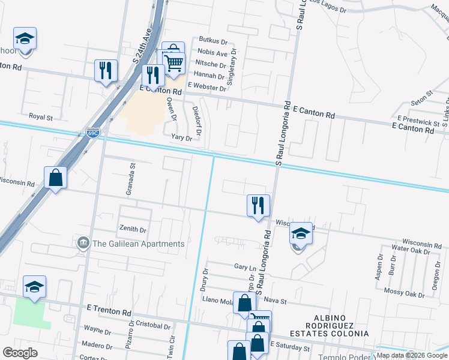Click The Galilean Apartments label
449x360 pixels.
[x=138, y=244]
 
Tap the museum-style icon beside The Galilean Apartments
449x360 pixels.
[x=83, y=243]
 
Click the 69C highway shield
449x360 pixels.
[x=92, y=134]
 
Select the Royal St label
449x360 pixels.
[x=41, y=116]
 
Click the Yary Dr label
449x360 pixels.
[x=181, y=137]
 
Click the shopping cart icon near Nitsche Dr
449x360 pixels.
[x=174, y=62]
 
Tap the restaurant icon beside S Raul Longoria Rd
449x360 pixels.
[x=258, y=205]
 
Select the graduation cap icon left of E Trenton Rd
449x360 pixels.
[x=34, y=287]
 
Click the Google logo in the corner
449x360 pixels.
[x=20, y=353]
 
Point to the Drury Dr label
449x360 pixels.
[x=205, y=279]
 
